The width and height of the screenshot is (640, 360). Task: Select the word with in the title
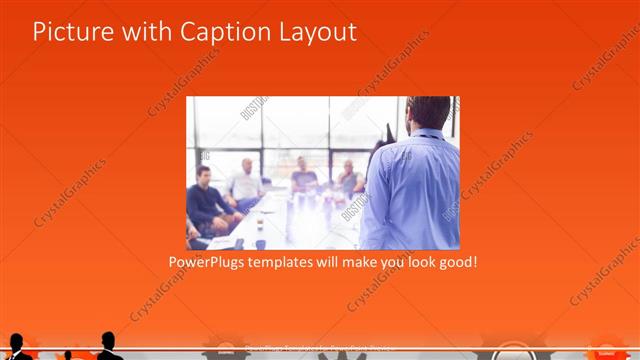click(x=149, y=32)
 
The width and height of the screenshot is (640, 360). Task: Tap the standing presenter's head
click(x=428, y=116)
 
